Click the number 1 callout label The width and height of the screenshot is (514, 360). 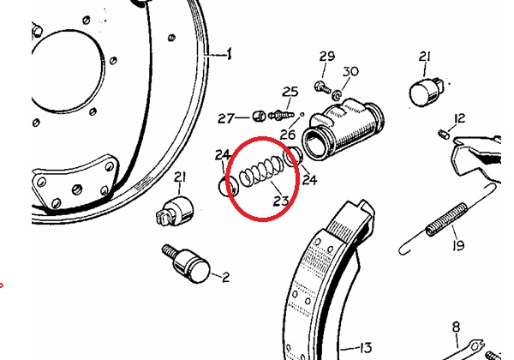pos(229,54)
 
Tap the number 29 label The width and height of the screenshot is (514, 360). pos(327,57)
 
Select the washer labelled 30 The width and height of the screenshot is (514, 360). pos(336,95)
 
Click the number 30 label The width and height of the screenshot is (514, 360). pos(350,71)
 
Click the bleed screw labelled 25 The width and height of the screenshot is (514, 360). pos(280,115)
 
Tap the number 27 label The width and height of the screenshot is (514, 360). pos(226,118)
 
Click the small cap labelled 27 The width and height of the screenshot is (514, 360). pos(259,116)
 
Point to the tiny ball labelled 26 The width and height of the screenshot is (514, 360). pos(302,114)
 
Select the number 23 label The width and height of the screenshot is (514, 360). pos(281,201)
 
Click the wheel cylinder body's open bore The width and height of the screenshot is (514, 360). pos(314,144)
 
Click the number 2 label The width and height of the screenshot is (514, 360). pos(226,278)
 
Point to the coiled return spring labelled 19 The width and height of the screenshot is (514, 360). pos(447,219)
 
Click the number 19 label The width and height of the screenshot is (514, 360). pos(458,245)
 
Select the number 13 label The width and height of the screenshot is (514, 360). pos(365,347)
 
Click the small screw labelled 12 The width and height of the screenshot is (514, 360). pos(444,134)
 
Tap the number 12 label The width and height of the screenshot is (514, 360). pos(459,118)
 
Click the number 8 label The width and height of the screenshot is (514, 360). pos(456,327)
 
